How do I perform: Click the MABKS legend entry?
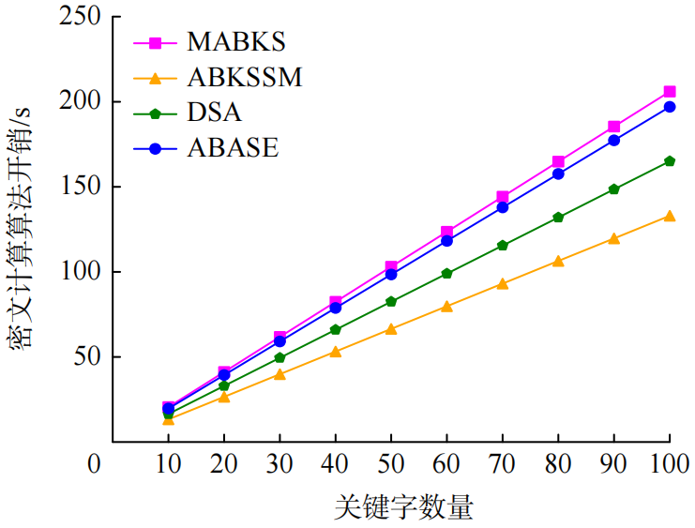pyautogui.click(x=235, y=42)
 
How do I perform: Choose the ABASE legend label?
pyautogui.click(x=232, y=147)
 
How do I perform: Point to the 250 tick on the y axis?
pyautogui.click(x=79, y=17)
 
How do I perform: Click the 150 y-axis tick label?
pyautogui.click(x=79, y=187)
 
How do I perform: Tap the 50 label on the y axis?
pyautogui.click(x=87, y=357)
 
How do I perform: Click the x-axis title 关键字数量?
pyautogui.click(x=403, y=507)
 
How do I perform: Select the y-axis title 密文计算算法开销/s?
pyautogui.click(x=21, y=229)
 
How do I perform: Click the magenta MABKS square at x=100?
pyautogui.click(x=670, y=92)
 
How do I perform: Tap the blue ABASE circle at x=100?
pyautogui.click(x=670, y=107)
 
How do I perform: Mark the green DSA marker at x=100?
pyautogui.click(x=670, y=161)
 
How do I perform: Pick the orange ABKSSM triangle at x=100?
pyautogui.click(x=670, y=216)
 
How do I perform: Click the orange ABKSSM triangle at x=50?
pyautogui.click(x=391, y=329)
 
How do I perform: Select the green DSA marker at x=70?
pyautogui.click(x=503, y=246)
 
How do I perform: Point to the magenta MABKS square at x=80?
pyautogui.click(x=558, y=162)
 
